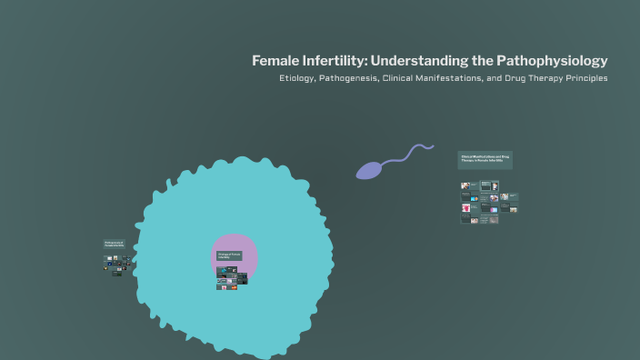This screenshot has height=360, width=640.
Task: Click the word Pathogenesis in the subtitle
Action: point(357,78)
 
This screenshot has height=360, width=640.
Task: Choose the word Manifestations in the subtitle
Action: point(467,78)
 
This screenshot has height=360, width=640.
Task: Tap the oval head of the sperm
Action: point(369,170)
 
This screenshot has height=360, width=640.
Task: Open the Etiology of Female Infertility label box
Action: point(229,256)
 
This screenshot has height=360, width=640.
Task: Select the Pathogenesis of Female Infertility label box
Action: point(114,244)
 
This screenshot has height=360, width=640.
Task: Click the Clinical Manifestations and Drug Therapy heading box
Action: point(485,159)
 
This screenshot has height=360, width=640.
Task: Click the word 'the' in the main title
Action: point(482,61)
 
